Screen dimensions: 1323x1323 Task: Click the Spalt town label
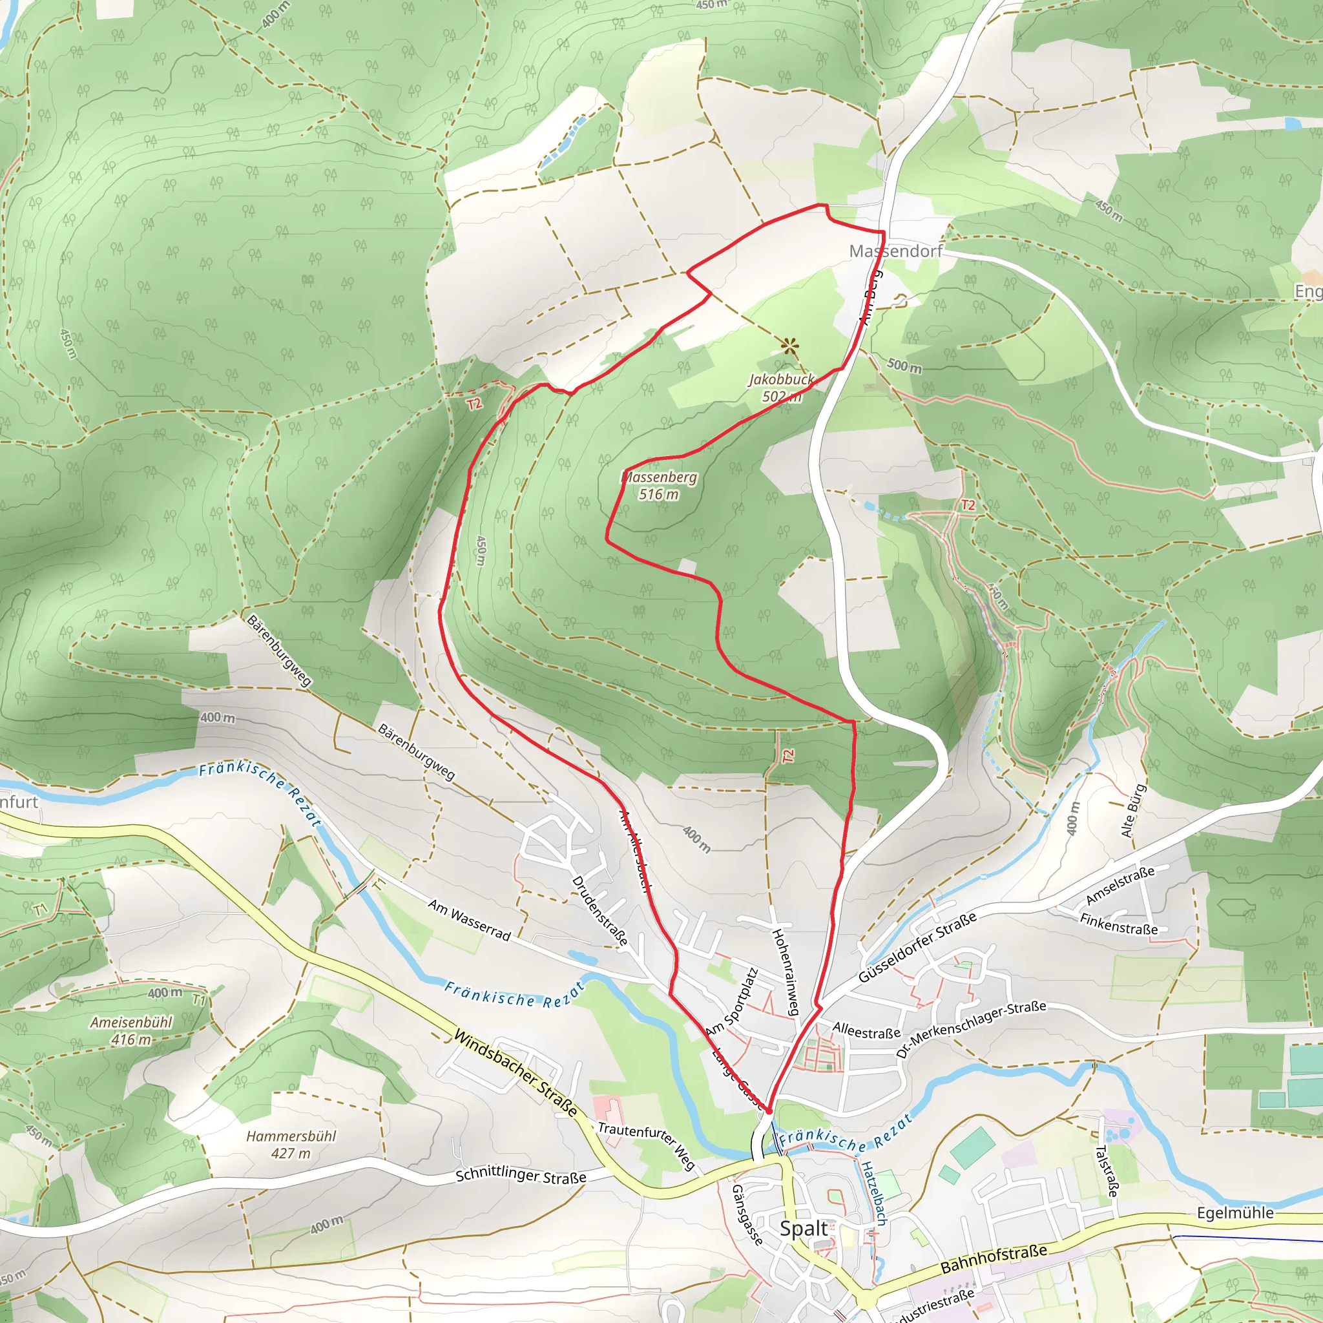[804, 1229]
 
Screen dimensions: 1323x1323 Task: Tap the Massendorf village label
[895, 251]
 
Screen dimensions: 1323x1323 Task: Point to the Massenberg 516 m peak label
[659, 486]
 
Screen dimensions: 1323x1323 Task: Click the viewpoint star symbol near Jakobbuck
[789, 346]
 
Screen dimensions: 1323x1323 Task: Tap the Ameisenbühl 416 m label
[132, 1030]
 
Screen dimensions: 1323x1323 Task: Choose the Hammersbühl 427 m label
[291, 1144]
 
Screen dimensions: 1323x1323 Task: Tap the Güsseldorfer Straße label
[917, 948]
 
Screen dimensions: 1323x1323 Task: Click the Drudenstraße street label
[600, 911]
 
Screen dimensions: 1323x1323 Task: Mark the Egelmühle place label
[1234, 1213]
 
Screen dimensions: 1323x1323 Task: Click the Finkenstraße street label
[1118, 924]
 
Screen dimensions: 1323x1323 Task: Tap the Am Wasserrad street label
[470, 920]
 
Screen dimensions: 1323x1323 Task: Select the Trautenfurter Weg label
[647, 1145]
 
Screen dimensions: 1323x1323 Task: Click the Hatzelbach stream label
[874, 1193]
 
